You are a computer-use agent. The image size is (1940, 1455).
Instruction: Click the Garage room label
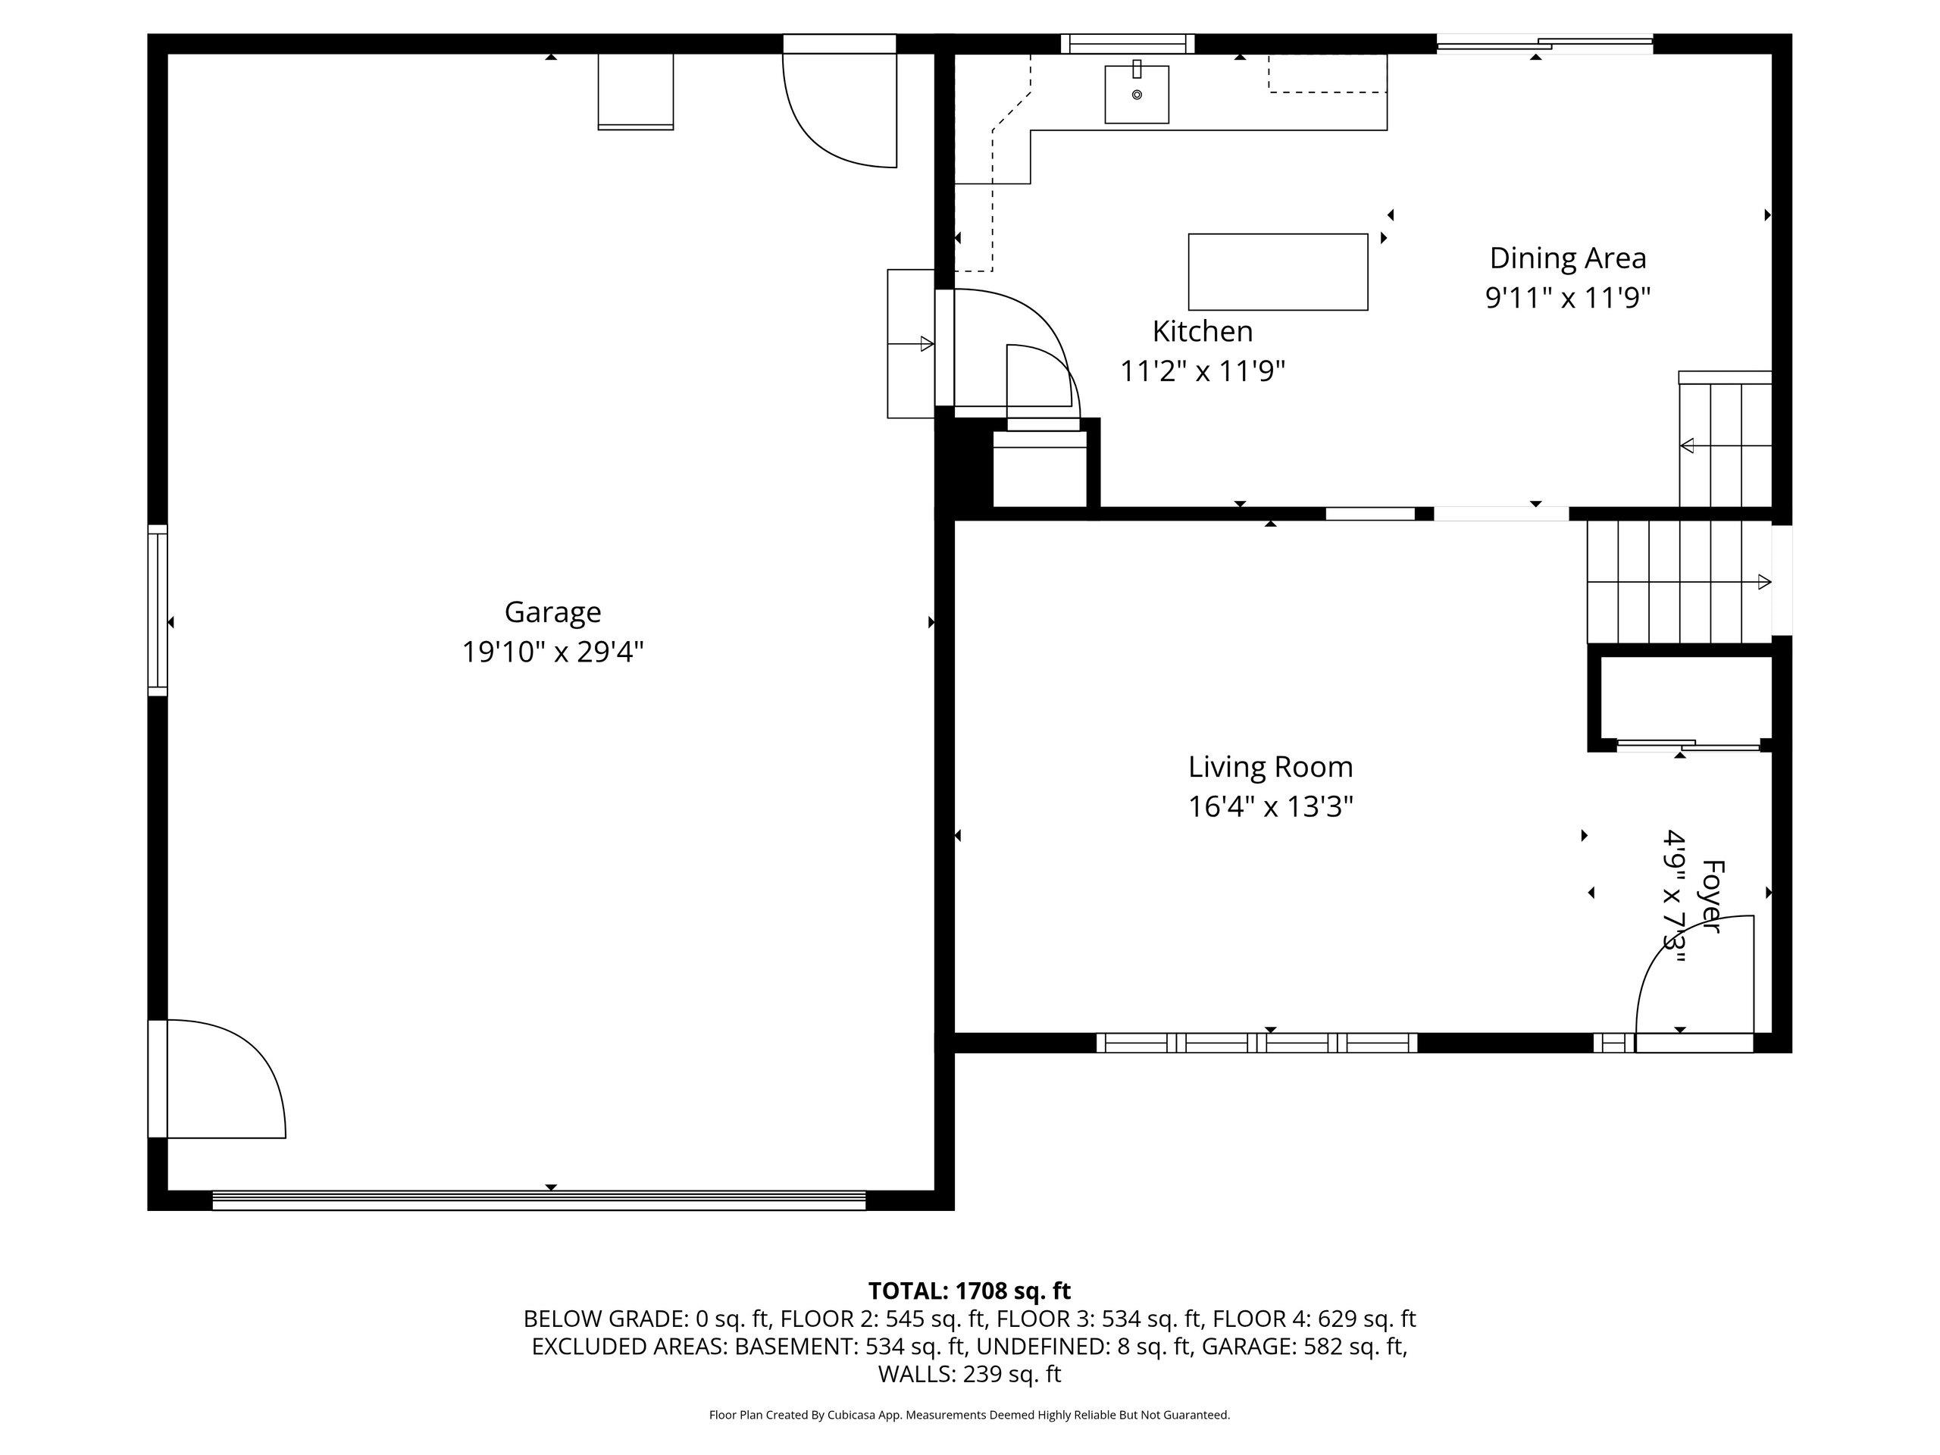pyautogui.click(x=552, y=612)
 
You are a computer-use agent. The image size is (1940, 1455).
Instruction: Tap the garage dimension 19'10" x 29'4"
pyautogui.click(x=552, y=652)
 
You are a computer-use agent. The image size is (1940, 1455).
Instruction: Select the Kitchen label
pyautogui.click(x=1203, y=331)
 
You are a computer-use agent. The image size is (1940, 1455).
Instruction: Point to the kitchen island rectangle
pyautogui.click(x=1278, y=272)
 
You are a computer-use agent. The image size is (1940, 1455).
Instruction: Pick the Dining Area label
pyautogui.click(x=1568, y=258)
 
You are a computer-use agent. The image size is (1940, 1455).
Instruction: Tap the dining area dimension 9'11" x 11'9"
pyautogui.click(x=1568, y=298)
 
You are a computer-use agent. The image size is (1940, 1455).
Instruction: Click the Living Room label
pyautogui.click(x=1271, y=768)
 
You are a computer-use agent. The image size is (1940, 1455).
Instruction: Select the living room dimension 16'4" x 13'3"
pyautogui.click(x=1271, y=807)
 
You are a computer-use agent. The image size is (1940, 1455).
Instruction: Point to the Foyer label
pyautogui.click(x=1712, y=897)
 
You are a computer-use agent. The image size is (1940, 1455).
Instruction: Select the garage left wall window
pyautogui.click(x=157, y=610)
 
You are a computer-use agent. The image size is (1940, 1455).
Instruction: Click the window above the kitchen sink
pyautogui.click(x=1128, y=44)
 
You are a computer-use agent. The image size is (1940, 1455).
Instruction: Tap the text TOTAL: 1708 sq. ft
pyautogui.click(x=969, y=1291)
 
